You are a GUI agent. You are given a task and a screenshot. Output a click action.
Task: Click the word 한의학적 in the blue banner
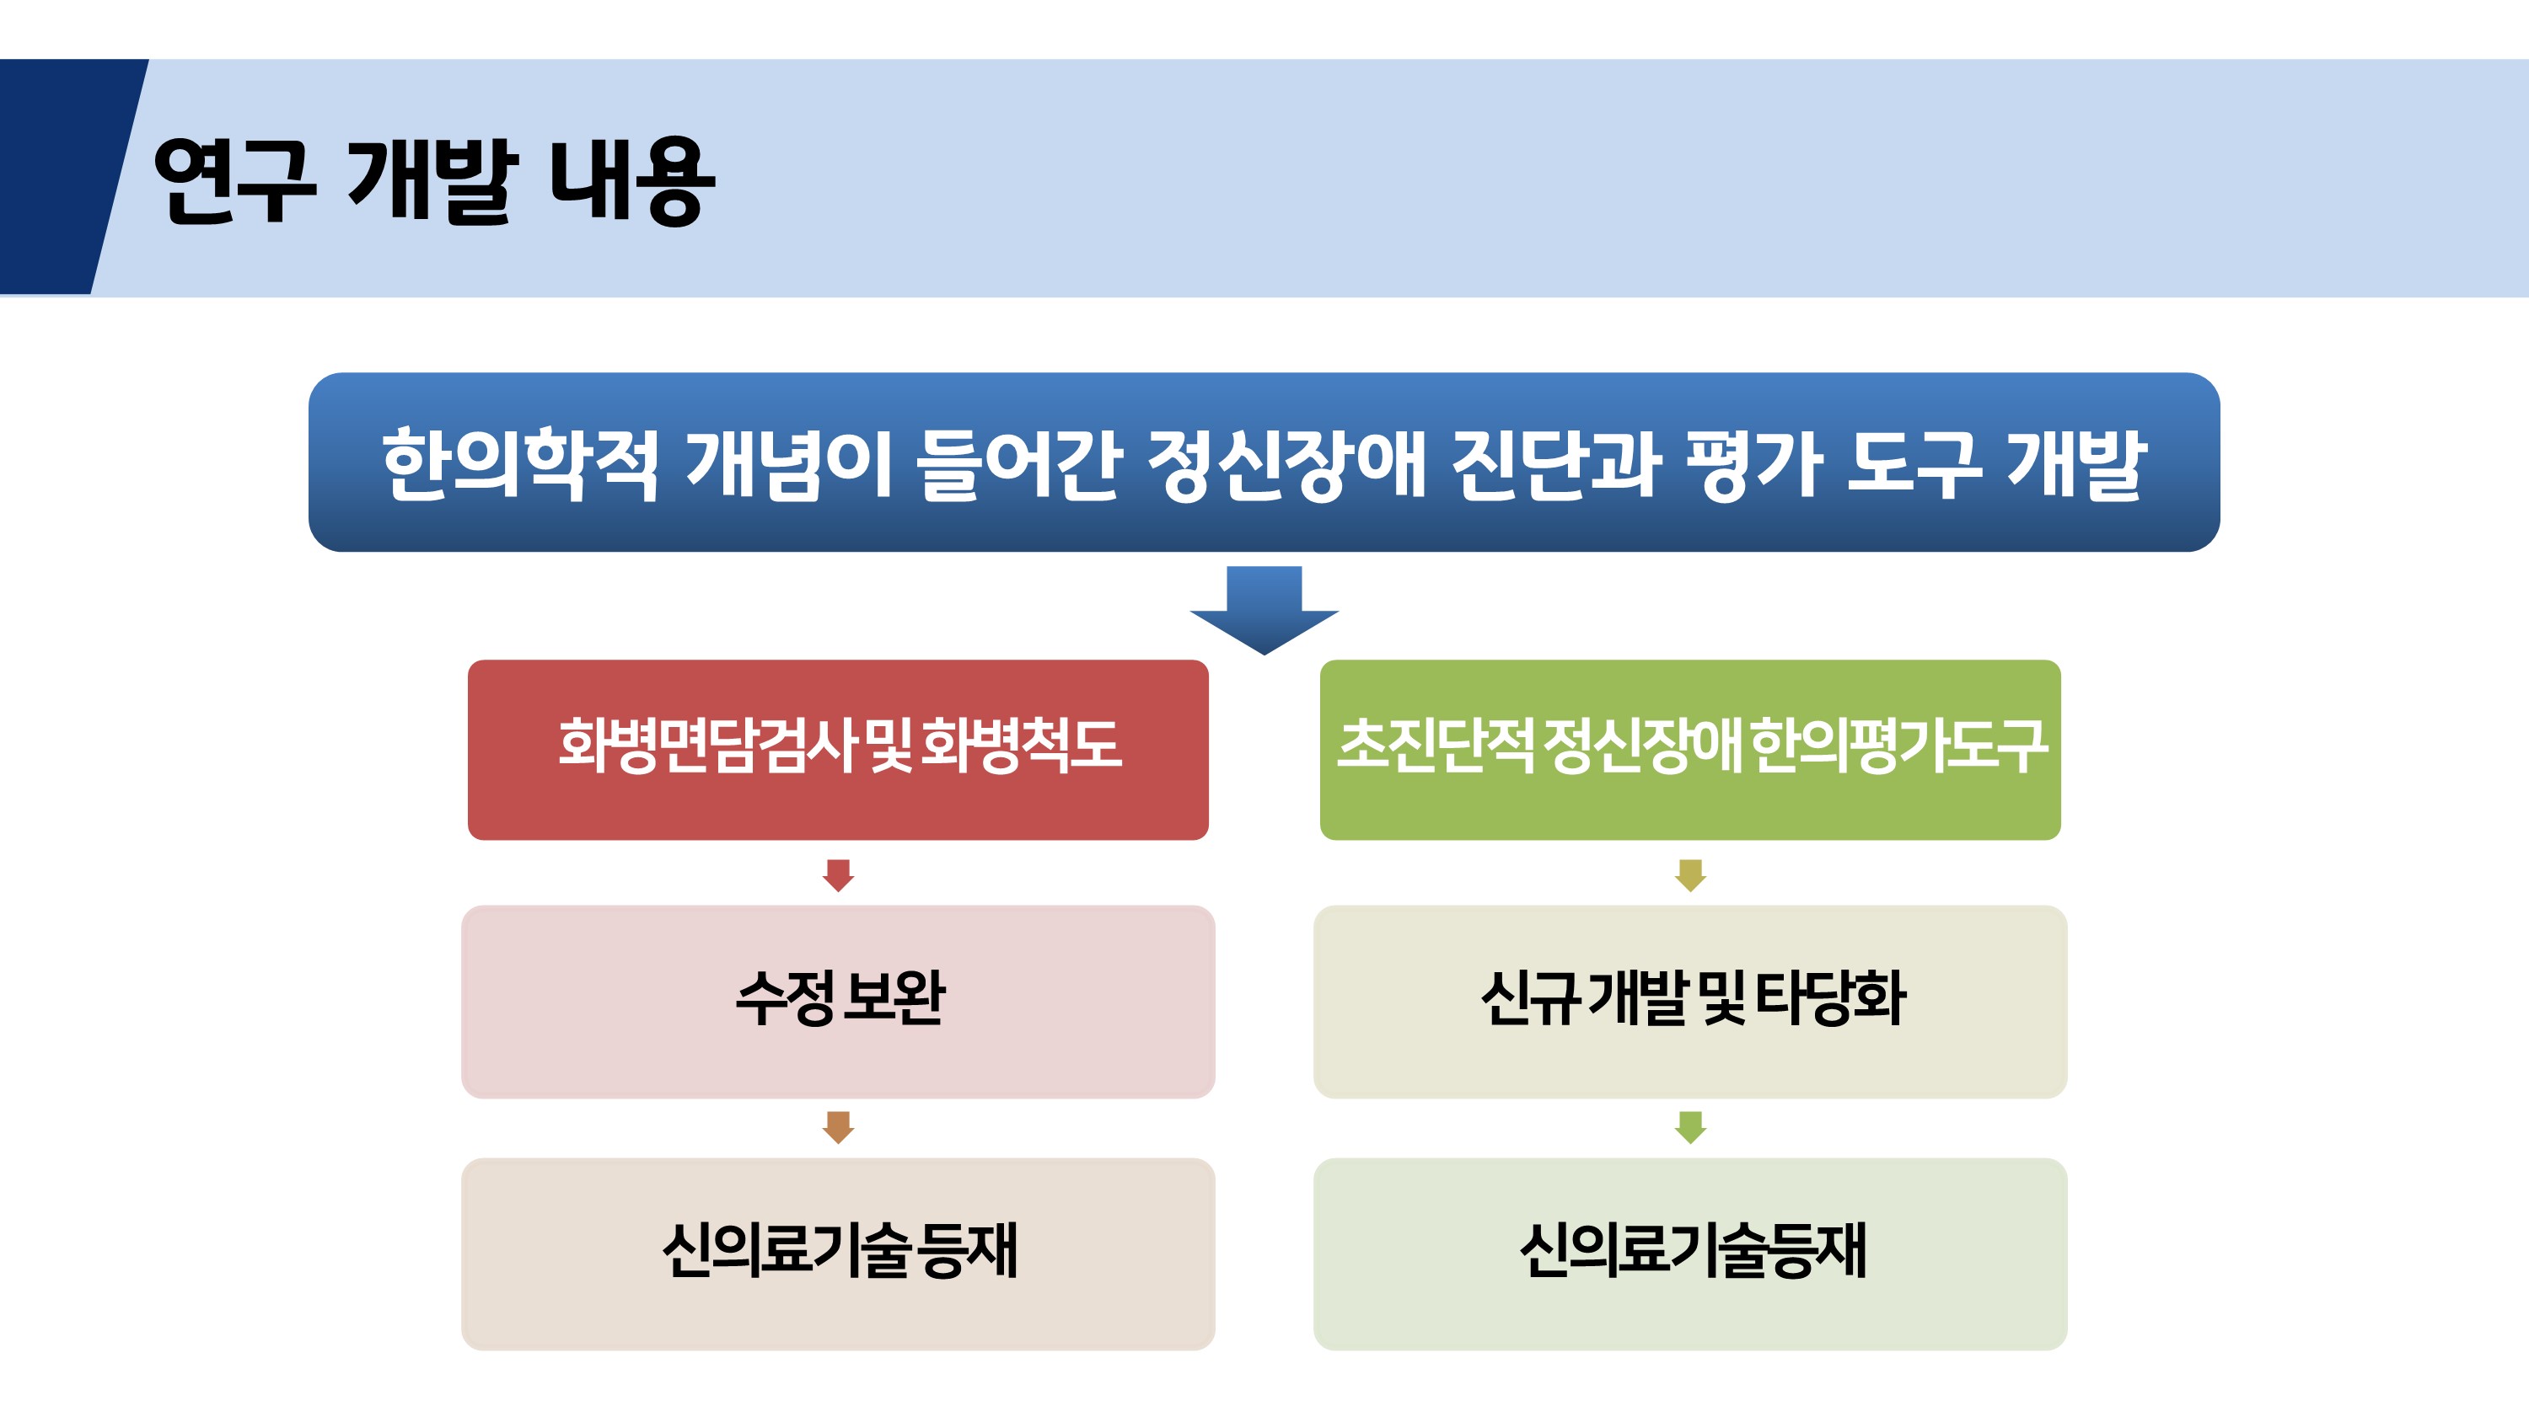click(519, 463)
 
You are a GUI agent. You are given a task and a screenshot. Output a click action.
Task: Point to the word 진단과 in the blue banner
click(1555, 463)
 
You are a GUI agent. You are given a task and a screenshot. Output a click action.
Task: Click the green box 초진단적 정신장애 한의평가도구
click(1689, 750)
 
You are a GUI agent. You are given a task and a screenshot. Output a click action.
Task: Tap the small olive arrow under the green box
click(1689, 875)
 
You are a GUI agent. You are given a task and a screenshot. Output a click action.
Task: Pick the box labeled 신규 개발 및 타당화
click(1689, 1001)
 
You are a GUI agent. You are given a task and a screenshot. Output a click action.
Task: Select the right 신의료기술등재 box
click(1689, 1254)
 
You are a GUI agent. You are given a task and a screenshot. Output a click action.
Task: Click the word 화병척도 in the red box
click(1022, 744)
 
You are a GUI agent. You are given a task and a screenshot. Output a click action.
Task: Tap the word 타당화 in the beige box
click(1830, 997)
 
